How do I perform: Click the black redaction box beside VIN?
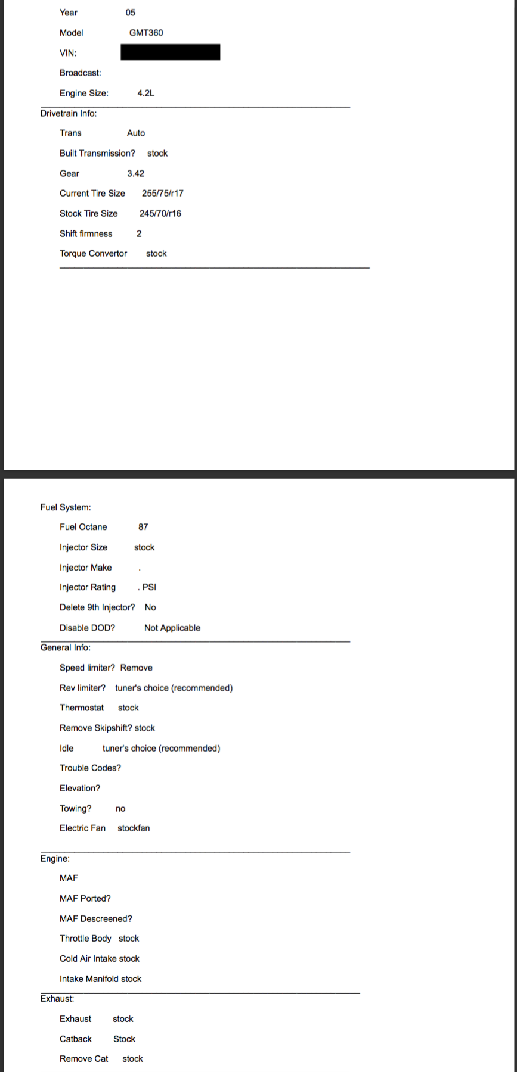170,52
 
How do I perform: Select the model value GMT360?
146,33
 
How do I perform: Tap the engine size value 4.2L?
145,93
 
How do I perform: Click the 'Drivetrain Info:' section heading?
69,113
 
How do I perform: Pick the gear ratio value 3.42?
135,173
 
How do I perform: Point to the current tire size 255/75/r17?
163,193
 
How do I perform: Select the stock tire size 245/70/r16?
160,213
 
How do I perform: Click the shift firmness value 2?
139,233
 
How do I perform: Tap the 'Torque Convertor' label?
93,253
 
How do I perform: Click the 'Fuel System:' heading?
66,507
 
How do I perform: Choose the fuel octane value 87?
143,527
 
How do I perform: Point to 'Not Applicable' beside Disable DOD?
172,628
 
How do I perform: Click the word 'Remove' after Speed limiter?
137,668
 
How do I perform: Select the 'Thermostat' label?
82,708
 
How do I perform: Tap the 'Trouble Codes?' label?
90,768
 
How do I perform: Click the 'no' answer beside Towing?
120,808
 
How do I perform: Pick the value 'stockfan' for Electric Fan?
134,828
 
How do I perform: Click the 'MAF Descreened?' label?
96,918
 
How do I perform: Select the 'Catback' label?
76,1039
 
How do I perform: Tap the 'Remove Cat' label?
84,1058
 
